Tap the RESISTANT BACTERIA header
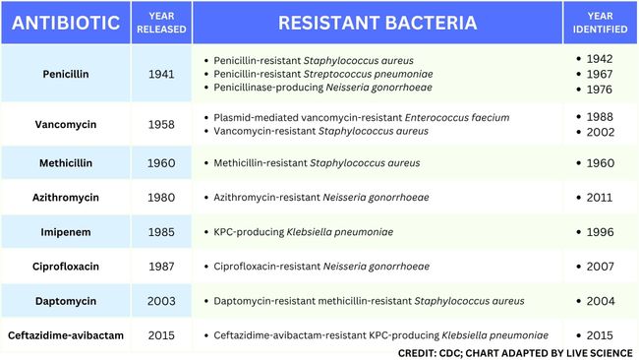(x=378, y=23)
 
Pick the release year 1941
(x=161, y=74)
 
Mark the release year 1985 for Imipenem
(x=161, y=232)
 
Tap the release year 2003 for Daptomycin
(x=161, y=301)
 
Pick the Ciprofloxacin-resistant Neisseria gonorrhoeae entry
(x=321, y=267)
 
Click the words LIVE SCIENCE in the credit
(x=592, y=352)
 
